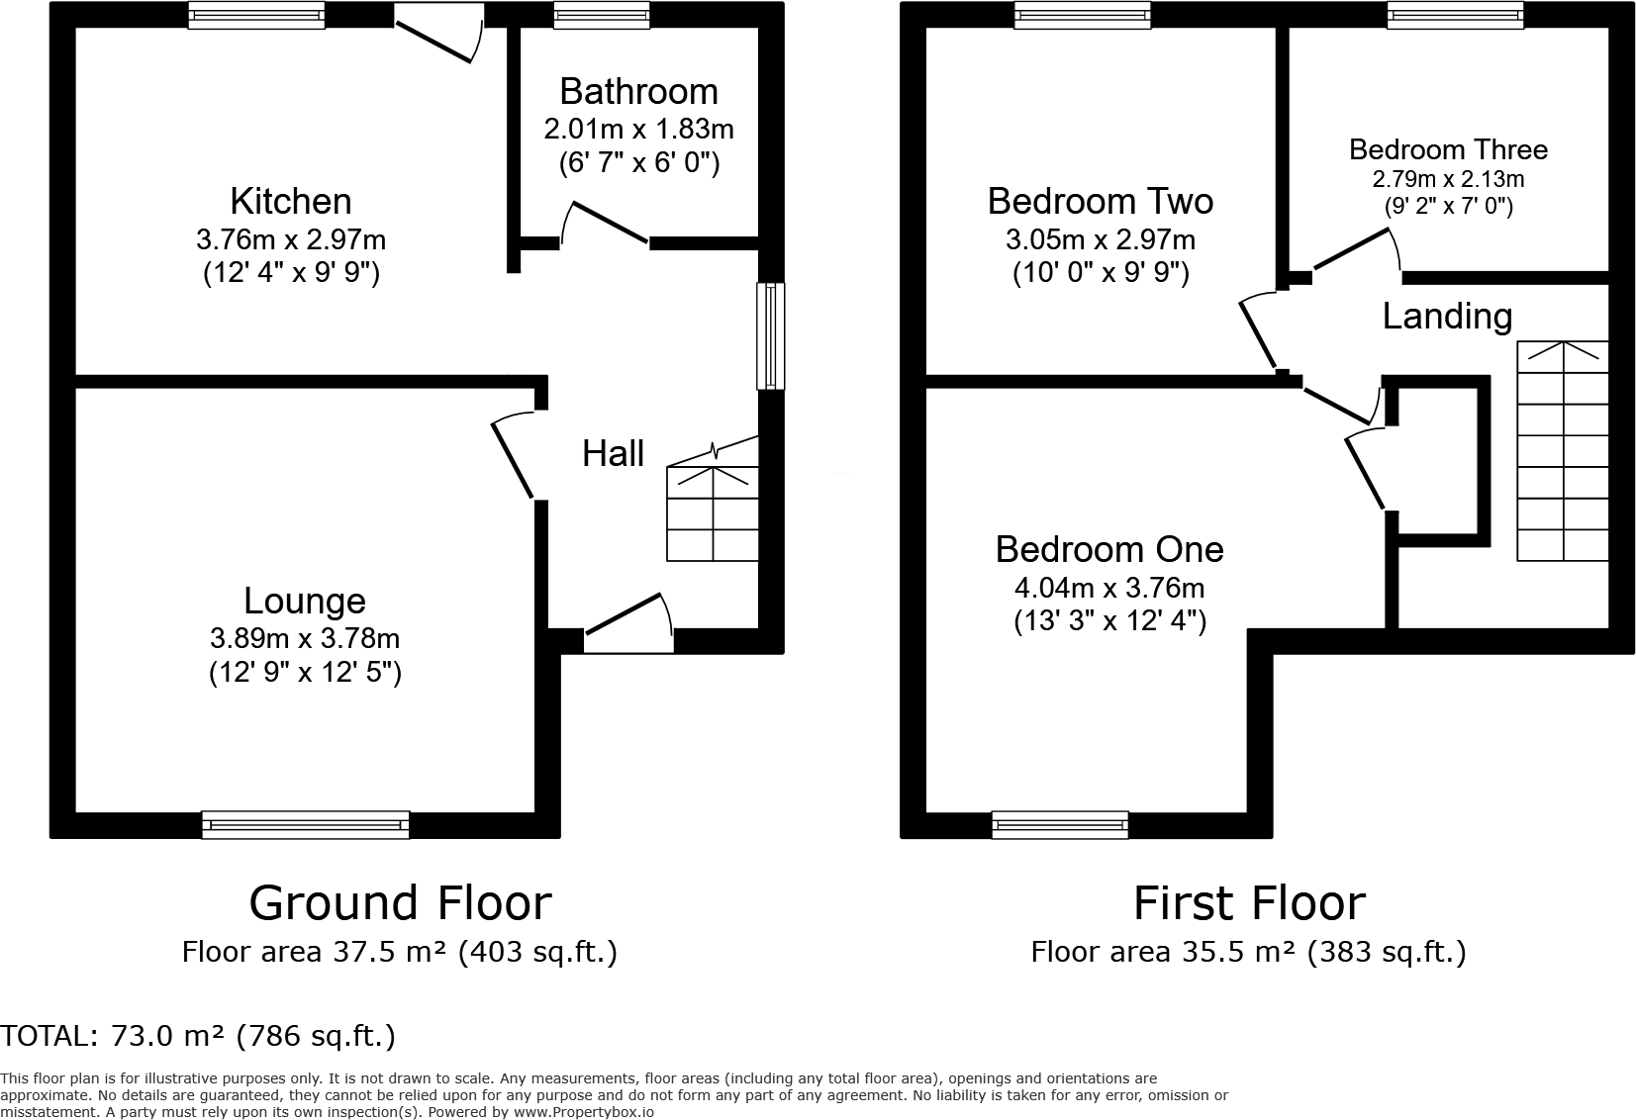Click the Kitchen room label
click(291, 202)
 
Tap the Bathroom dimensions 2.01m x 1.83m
click(639, 130)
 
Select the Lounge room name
click(305, 601)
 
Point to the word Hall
click(613, 453)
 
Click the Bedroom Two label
click(1100, 202)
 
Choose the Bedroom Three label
click(1448, 149)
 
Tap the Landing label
click(1447, 317)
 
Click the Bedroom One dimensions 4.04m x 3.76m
click(1109, 588)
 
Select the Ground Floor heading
click(400, 903)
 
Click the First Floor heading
click(1249, 903)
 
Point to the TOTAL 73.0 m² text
click(198, 1036)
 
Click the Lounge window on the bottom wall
click(305, 825)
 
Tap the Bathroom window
click(601, 15)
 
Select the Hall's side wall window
click(771, 335)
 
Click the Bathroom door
click(605, 224)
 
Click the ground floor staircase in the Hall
click(712, 504)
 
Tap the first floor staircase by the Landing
click(1563, 450)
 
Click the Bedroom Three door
click(1357, 252)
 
